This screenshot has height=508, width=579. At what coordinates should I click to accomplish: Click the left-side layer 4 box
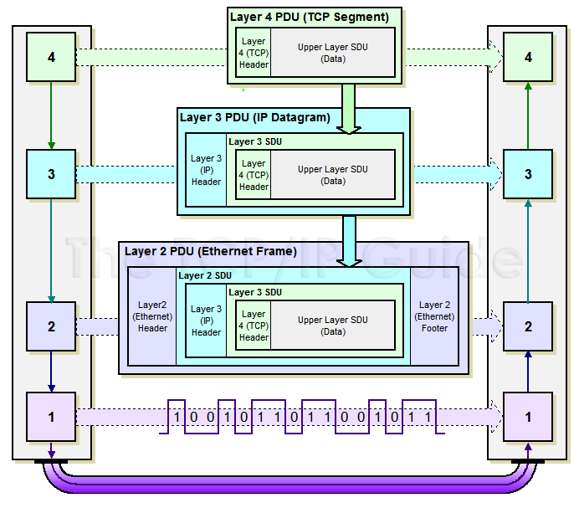click(x=51, y=57)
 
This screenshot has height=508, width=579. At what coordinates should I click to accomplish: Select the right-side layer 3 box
click(x=527, y=174)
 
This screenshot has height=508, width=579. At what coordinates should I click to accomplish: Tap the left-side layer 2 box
click(x=51, y=326)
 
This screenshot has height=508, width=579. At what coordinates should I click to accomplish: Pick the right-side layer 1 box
click(x=527, y=416)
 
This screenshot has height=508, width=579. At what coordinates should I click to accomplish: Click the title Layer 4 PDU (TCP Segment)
click(x=309, y=16)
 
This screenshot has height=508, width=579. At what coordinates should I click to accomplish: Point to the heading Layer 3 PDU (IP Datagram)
click(x=254, y=116)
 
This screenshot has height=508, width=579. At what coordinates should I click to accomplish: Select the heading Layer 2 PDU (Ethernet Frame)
click(x=210, y=251)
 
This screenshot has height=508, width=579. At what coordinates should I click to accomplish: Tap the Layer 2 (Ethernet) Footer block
click(x=434, y=317)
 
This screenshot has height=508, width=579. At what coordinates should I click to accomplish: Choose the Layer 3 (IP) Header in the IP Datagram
click(x=206, y=170)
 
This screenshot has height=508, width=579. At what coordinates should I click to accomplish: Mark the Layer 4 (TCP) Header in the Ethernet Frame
click(x=254, y=326)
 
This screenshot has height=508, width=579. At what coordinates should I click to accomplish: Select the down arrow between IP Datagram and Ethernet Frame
click(x=349, y=241)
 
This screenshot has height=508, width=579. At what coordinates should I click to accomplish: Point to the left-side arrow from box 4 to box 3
click(x=51, y=115)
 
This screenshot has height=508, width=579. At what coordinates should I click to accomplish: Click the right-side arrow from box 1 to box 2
click(x=527, y=371)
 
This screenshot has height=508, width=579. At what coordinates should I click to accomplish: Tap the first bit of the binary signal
click(x=177, y=416)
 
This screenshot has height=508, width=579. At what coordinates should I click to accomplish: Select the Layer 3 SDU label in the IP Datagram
click(x=254, y=141)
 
